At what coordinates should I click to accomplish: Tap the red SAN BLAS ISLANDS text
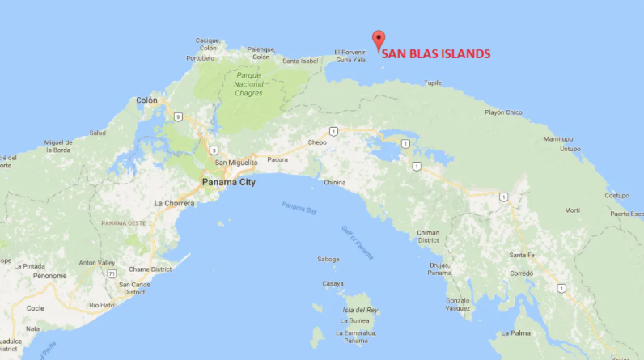[436, 54]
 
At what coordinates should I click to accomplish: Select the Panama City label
[228, 183]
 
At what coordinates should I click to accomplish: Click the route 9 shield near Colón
[176, 116]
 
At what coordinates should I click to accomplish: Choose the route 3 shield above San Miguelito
[213, 150]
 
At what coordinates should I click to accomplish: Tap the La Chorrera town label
[174, 203]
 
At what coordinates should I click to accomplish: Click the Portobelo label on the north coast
[201, 58]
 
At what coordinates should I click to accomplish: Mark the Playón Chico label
[503, 112]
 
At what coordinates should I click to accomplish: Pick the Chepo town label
[317, 142]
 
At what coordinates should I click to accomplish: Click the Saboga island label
[328, 260]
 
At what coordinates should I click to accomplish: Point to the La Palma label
[515, 332]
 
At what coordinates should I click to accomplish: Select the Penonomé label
[49, 276]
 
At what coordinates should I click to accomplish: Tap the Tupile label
[434, 83]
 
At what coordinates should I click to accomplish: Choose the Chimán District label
[428, 236]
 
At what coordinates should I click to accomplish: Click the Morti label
[572, 210]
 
